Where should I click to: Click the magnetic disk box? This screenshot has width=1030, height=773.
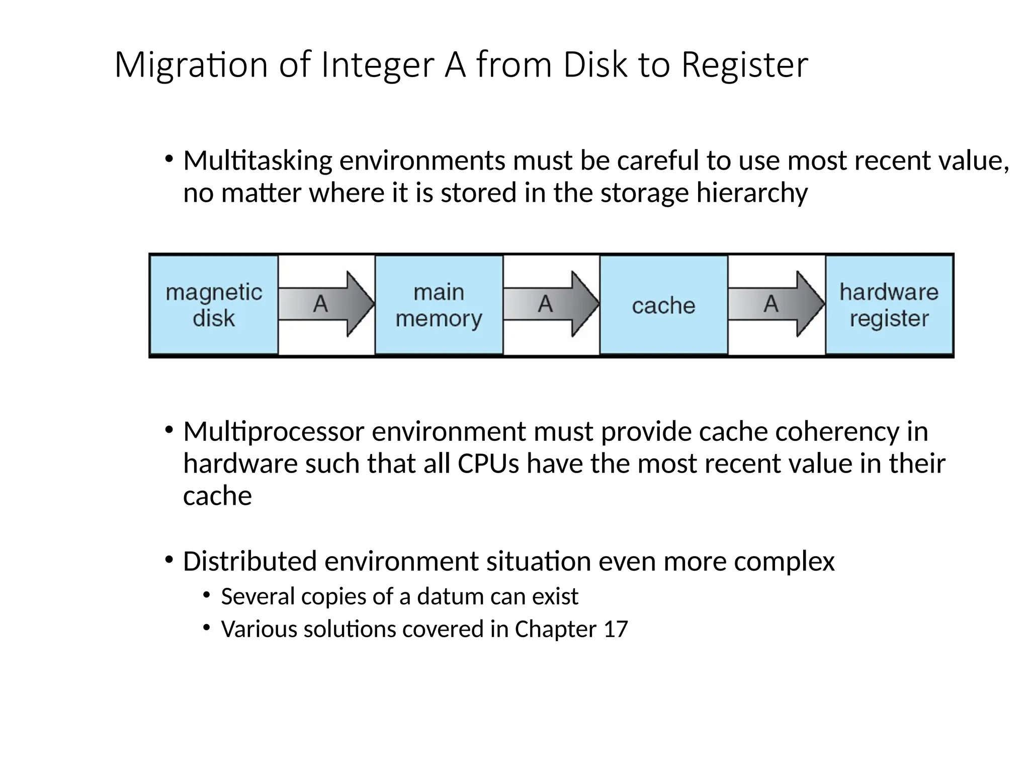click(214, 305)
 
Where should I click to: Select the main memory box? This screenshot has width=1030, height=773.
click(439, 305)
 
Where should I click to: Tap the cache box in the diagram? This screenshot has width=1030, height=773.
click(663, 305)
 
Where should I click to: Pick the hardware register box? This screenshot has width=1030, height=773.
click(889, 305)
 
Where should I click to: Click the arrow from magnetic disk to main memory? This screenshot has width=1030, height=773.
click(326, 304)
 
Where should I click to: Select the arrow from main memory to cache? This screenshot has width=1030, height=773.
click(551, 304)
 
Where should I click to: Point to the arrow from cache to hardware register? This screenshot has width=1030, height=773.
click(777, 304)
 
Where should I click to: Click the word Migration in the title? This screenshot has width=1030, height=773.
click(191, 65)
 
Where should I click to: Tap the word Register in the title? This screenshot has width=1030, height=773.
click(744, 65)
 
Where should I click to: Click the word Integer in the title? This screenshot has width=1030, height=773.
click(377, 65)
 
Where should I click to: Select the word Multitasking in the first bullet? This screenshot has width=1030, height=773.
click(257, 161)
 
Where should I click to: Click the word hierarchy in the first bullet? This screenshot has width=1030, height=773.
click(752, 193)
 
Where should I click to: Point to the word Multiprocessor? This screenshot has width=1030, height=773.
click(273, 432)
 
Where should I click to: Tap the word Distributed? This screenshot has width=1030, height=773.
click(249, 562)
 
